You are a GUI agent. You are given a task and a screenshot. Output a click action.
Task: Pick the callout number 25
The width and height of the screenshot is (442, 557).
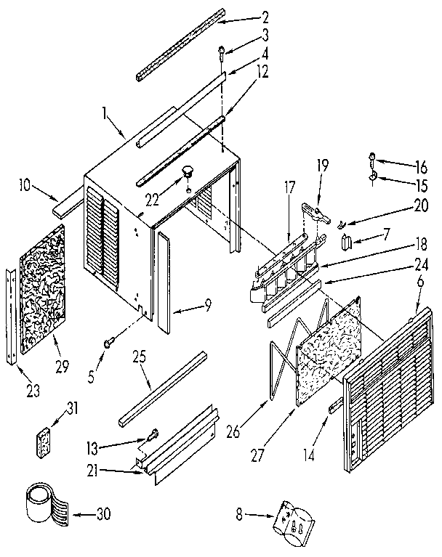pos(140,358)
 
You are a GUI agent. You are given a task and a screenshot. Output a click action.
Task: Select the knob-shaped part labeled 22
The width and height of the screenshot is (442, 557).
pos(189,172)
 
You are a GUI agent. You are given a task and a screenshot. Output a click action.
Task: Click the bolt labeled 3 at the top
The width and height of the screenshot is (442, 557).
pos(221,52)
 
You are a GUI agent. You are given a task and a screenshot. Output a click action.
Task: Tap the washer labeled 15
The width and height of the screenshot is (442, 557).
pos(374,174)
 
